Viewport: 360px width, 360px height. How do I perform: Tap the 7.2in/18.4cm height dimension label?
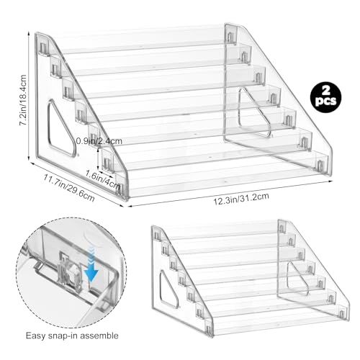click(x=23, y=100)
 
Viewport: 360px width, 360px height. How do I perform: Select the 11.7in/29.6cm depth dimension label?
click(x=69, y=188)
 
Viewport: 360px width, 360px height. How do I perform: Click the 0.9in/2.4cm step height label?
click(x=99, y=141)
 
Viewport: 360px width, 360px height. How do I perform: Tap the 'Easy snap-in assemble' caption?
click(x=72, y=336)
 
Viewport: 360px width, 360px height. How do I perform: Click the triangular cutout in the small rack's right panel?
click(x=297, y=279)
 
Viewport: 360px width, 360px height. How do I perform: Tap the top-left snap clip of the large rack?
click(x=43, y=49)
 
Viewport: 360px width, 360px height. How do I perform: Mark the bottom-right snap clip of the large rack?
click(x=320, y=165)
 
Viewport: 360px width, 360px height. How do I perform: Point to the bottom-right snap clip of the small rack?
click(x=341, y=313)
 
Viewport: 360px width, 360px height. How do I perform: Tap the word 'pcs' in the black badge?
click(x=325, y=102)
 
